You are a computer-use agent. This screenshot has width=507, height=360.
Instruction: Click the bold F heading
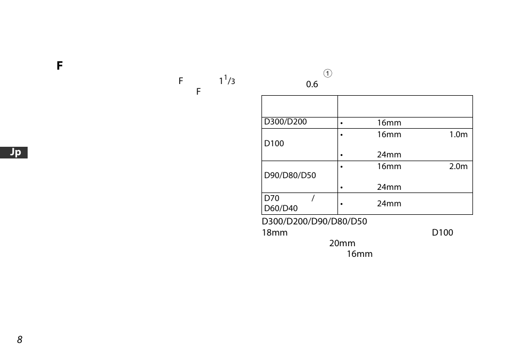(60, 66)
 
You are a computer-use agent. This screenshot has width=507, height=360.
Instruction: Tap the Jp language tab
(16, 153)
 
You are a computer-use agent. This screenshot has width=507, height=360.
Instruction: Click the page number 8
(20, 340)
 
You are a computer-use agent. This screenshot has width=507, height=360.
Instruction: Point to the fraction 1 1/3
(227, 81)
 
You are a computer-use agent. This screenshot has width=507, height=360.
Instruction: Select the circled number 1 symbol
(328, 73)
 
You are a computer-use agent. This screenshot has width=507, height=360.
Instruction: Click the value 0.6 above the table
(312, 85)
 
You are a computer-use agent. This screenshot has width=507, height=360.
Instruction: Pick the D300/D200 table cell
(285, 122)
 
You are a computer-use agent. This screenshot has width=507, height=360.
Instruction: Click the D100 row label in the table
(274, 144)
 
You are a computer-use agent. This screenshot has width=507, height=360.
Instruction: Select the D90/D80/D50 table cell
(290, 176)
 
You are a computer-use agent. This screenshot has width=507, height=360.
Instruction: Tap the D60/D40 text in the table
(281, 208)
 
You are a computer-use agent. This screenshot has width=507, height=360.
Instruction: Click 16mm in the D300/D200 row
(389, 123)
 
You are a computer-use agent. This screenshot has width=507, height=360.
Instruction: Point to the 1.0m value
(458, 135)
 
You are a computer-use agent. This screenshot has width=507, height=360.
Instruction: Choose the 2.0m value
(458, 166)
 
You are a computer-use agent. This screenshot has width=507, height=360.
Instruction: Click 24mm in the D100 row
(389, 155)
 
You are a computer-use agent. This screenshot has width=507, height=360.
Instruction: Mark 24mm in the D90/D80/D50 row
(389, 187)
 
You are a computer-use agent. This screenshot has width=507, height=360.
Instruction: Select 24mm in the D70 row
(389, 204)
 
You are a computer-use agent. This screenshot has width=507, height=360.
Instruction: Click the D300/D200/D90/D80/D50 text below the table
(314, 222)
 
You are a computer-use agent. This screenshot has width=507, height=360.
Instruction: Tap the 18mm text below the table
(274, 233)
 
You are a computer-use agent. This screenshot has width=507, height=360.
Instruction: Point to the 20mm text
(342, 244)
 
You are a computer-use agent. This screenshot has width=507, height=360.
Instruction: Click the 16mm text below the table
(359, 254)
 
